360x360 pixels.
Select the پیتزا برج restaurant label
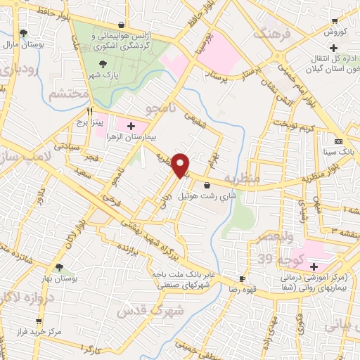click(x=90, y=122)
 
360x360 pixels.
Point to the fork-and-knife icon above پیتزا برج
click(x=90, y=112)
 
